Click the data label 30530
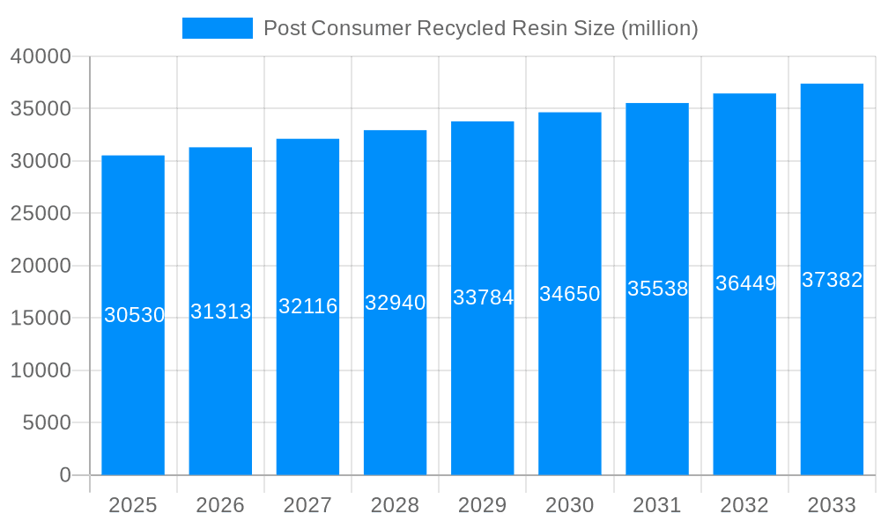(134, 315)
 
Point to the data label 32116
(308, 306)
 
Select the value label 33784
(483, 297)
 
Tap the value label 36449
(745, 283)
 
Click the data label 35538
(657, 289)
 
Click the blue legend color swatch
(217, 28)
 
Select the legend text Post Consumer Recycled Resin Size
(481, 28)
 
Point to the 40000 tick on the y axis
(41, 56)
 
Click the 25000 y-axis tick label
(41, 214)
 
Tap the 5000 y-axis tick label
(47, 423)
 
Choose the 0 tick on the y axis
(65, 475)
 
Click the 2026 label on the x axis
(220, 505)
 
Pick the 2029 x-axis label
(483, 505)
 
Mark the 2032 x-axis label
(744, 505)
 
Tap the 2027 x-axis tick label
(307, 505)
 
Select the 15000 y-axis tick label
(41, 319)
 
